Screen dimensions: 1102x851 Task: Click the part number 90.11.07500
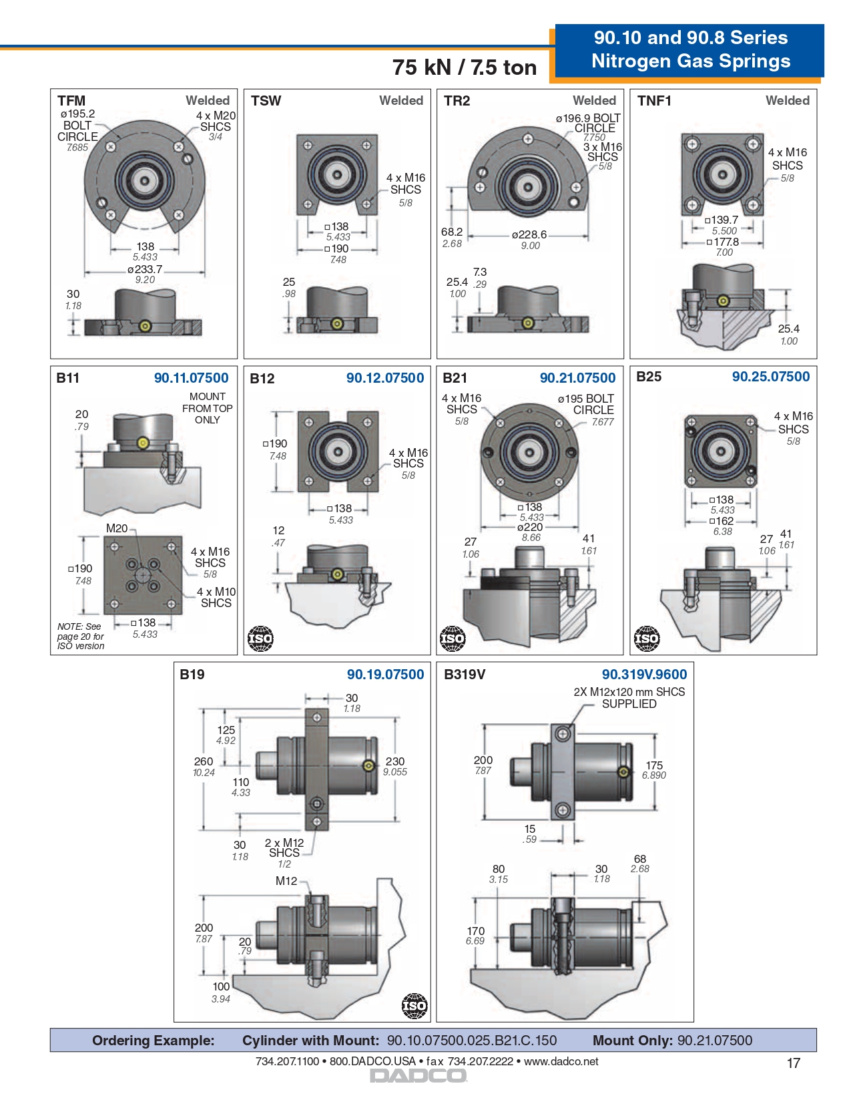point(191,378)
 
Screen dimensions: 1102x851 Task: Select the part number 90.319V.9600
point(644,675)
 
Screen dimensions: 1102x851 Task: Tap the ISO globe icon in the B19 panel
point(414,1006)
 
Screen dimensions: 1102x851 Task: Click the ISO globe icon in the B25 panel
point(646,639)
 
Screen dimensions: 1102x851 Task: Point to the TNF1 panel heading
point(654,101)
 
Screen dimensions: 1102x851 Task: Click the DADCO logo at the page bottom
point(418,1075)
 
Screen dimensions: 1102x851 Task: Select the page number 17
point(793,1063)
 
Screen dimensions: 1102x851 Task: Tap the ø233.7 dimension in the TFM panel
point(145,270)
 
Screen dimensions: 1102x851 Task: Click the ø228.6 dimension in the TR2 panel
point(529,235)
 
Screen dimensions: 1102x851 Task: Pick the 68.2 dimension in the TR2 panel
point(452,232)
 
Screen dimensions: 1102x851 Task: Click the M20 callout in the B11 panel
point(117,528)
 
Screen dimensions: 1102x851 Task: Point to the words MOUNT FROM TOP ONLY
point(207,408)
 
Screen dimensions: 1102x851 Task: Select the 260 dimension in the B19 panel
point(204,761)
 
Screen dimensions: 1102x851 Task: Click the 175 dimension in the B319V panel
point(654,765)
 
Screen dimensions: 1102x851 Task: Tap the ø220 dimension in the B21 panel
point(531,527)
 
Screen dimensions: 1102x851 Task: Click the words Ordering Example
point(154,1041)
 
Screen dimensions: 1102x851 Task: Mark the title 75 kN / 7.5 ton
point(465,67)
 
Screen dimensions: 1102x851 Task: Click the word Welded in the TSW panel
point(401,101)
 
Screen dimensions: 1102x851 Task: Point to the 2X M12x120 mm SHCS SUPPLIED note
point(629,698)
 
